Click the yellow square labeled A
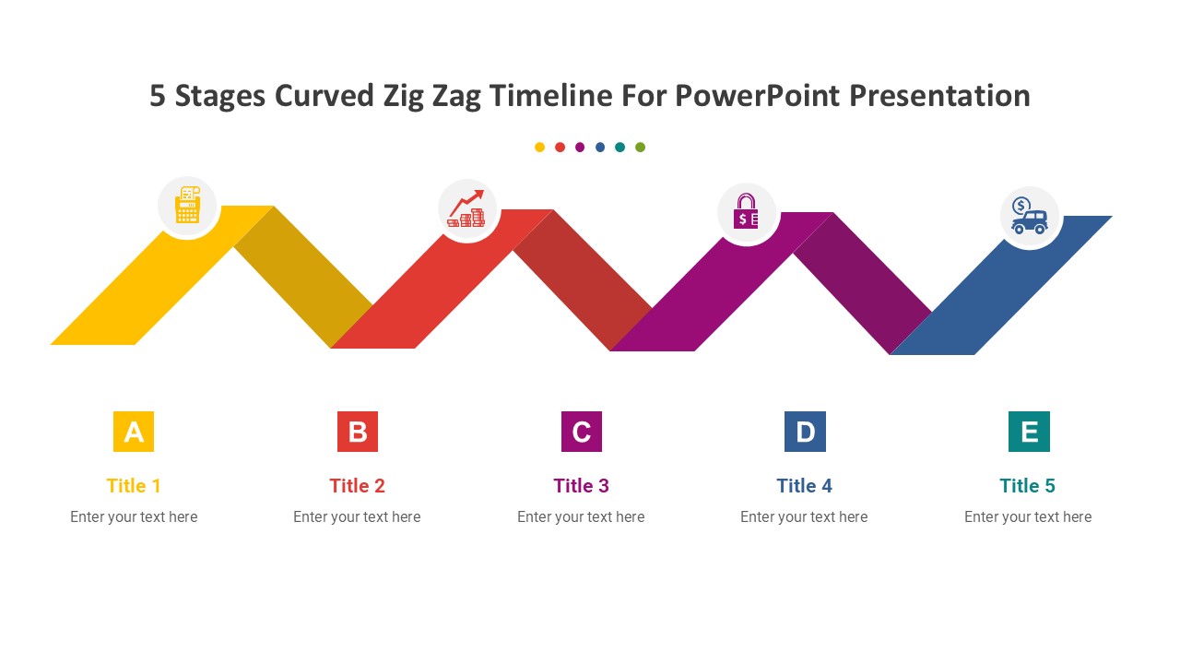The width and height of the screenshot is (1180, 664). click(134, 432)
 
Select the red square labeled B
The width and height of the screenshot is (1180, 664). click(358, 432)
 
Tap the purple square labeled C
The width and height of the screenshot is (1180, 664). click(582, 432)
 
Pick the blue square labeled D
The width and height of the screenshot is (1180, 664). click(805, 432)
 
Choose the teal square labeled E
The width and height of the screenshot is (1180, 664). click(1029, 432)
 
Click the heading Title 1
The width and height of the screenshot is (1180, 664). click(134, 486)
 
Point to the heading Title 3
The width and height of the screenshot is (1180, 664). click(581, 486)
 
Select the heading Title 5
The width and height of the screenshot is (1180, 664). click(1027, 486)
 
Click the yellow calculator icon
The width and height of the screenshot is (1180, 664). click(188, 206)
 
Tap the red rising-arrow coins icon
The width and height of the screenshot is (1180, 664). click(467, 209)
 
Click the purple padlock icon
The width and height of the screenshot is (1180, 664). click(746, 212)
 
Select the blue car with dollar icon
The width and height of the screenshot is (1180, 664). click(1029, 216)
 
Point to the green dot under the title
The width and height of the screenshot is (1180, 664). click(641, 148)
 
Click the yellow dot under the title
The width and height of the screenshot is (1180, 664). click(539, 148)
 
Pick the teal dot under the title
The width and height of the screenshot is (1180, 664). click(620, 148)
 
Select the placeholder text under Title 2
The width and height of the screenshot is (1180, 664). click(357, 517)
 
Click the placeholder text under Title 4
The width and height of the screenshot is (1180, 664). click(804, 517)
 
